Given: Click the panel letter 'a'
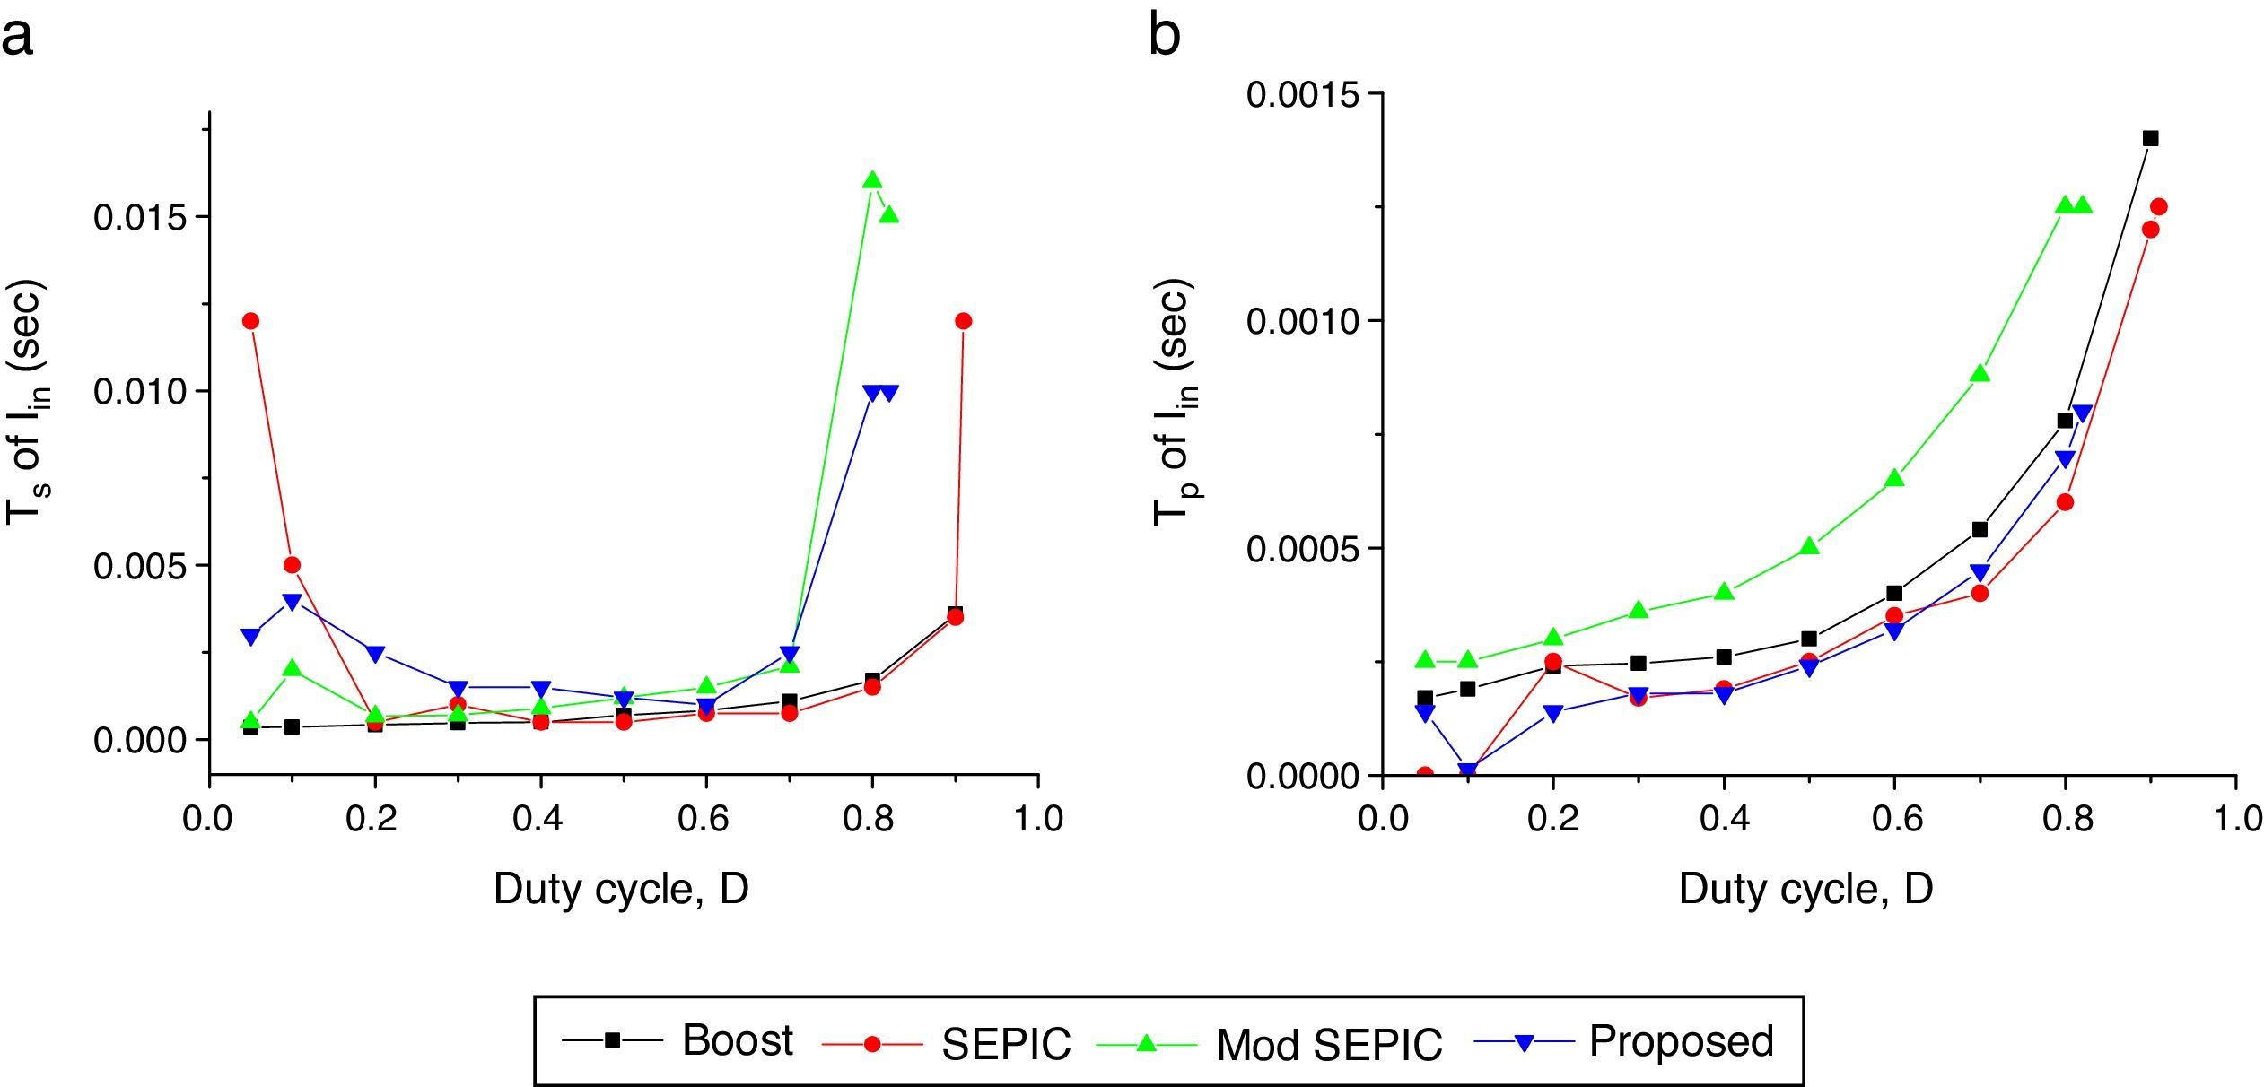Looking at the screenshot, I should pyautogui.click(x=18, y=38).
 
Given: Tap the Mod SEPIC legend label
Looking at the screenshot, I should pyautogui.click(x=1328, y=1044).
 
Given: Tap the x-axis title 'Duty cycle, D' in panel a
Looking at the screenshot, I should pyautogui.click(x=621, y=890).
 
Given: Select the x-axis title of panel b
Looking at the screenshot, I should pyautogui.click(x=1805, y=890).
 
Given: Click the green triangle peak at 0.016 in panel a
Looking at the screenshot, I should pyautogui.click(x=872, y=180).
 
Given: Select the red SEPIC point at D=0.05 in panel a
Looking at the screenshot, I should pyautogui.click(x=250, y=321).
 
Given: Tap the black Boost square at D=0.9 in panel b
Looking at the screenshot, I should pyautogui.click(x=2151, y=138).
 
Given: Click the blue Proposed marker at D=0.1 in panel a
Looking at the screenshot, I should pyautogui.click(x=292, y=602).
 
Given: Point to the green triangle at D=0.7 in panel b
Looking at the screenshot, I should pyautogui.click(x=1980, y=374).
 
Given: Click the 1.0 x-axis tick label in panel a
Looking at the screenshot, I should pyautogui.click(x=1039, y=820).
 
